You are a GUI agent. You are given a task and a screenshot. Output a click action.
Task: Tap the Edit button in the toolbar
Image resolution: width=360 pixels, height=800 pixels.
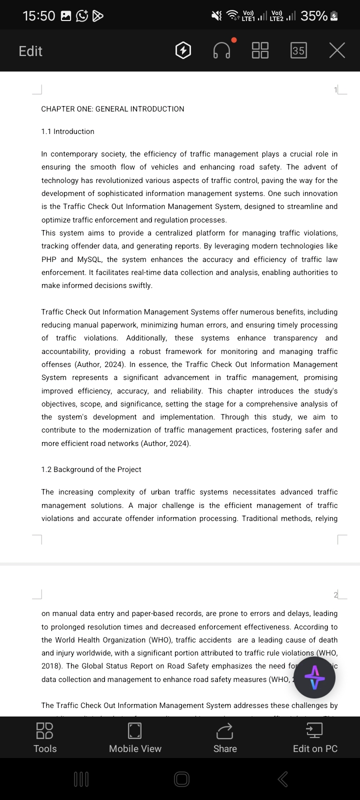[x=30, y=51]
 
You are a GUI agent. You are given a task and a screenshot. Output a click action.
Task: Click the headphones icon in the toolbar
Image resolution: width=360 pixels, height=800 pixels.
[x=221, y=50]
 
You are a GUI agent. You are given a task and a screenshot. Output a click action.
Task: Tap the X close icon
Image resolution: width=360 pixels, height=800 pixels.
[x=337, y=50]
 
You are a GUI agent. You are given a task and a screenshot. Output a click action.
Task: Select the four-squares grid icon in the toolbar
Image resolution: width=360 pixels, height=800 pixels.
[x=260, y=50]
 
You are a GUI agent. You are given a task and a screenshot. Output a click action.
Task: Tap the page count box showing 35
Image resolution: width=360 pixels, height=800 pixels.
[x=298, y=50]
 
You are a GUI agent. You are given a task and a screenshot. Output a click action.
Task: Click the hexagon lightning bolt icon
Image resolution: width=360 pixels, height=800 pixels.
[x=183, y=50]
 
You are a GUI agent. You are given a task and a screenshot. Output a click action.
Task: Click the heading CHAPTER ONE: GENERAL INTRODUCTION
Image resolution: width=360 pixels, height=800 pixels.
[x=112, y=109]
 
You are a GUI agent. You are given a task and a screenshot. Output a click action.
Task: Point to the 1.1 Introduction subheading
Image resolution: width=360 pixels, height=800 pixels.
[x=67, y=131]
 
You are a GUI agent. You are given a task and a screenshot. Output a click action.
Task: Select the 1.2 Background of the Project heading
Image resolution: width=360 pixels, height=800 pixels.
[x=91, y=469]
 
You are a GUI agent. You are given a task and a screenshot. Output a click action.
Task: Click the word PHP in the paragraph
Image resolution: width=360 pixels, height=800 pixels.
[x=49, y=259]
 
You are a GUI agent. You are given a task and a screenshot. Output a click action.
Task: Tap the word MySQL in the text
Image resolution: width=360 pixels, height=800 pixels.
[x=89, y=259]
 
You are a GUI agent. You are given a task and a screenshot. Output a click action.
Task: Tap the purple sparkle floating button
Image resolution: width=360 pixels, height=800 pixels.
[x=314, y=678]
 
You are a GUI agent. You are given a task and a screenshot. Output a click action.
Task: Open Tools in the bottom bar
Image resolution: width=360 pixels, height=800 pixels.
[x=45, y=737]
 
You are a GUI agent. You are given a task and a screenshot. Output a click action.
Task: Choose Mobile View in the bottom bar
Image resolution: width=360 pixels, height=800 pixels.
[x=135, y=737]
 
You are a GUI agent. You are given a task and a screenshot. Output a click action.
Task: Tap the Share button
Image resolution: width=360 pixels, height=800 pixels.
[x=225, y=737]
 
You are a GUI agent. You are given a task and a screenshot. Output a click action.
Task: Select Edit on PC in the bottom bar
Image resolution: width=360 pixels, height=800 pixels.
[x=315, y=737]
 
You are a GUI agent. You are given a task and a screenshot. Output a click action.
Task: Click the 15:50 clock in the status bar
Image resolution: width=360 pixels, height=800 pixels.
[x=38, y=16]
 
